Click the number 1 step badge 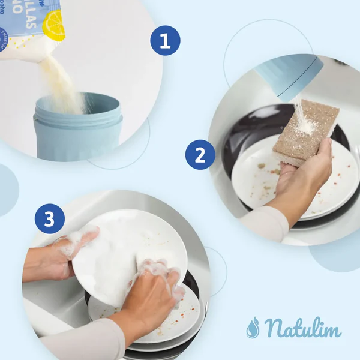coord(165,41)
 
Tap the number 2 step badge coord(200,155)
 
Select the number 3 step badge coord(50,219)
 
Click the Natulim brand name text coord(302,328)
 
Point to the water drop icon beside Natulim coord(253,327)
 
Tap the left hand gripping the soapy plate coord(60,255)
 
